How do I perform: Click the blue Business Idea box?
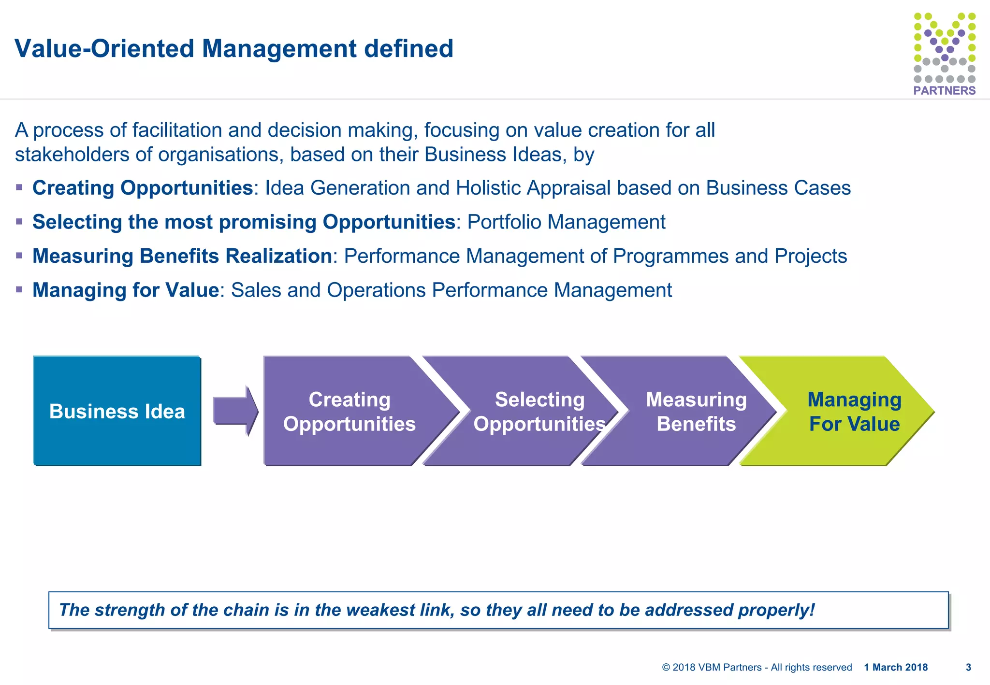117,411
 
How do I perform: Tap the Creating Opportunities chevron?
349,411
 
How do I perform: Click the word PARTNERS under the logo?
944,90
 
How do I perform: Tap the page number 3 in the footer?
968,667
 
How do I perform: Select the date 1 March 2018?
896,667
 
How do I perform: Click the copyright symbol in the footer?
666,667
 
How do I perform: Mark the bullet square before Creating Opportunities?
19,187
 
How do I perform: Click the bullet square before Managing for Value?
19,290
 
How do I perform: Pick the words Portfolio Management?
566,222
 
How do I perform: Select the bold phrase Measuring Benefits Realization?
182,256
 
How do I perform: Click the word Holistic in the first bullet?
488,188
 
